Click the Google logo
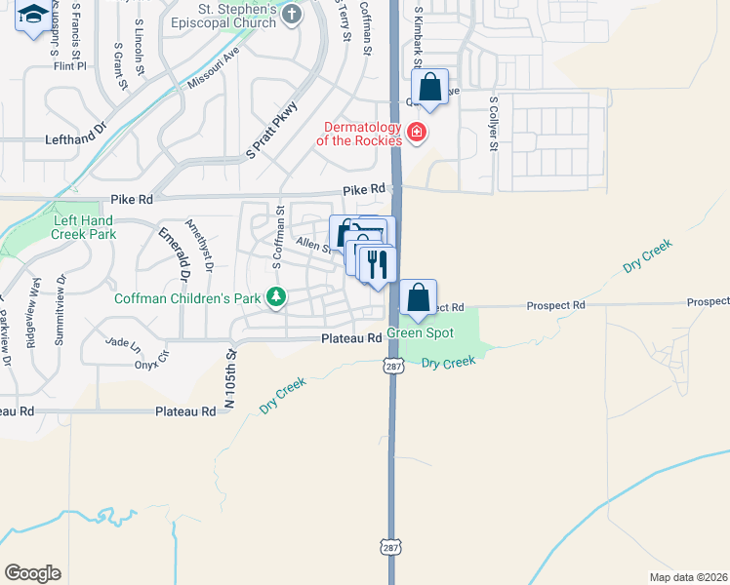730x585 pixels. tap(32, 573)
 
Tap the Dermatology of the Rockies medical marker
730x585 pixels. tap(417, 132)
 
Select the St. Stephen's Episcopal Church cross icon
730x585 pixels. tap(292, 14)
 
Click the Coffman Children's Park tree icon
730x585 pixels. tap(276, 296)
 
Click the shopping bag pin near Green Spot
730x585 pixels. tap(418, 298)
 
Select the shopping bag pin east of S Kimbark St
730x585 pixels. tap(429, 88)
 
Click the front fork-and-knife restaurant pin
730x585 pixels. tap(378, 263)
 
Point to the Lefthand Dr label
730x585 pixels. tap(75, 139)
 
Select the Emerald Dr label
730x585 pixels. tap(174, 254)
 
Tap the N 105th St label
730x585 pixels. tap(231, 379)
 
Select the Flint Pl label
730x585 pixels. tap(70, 67)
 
